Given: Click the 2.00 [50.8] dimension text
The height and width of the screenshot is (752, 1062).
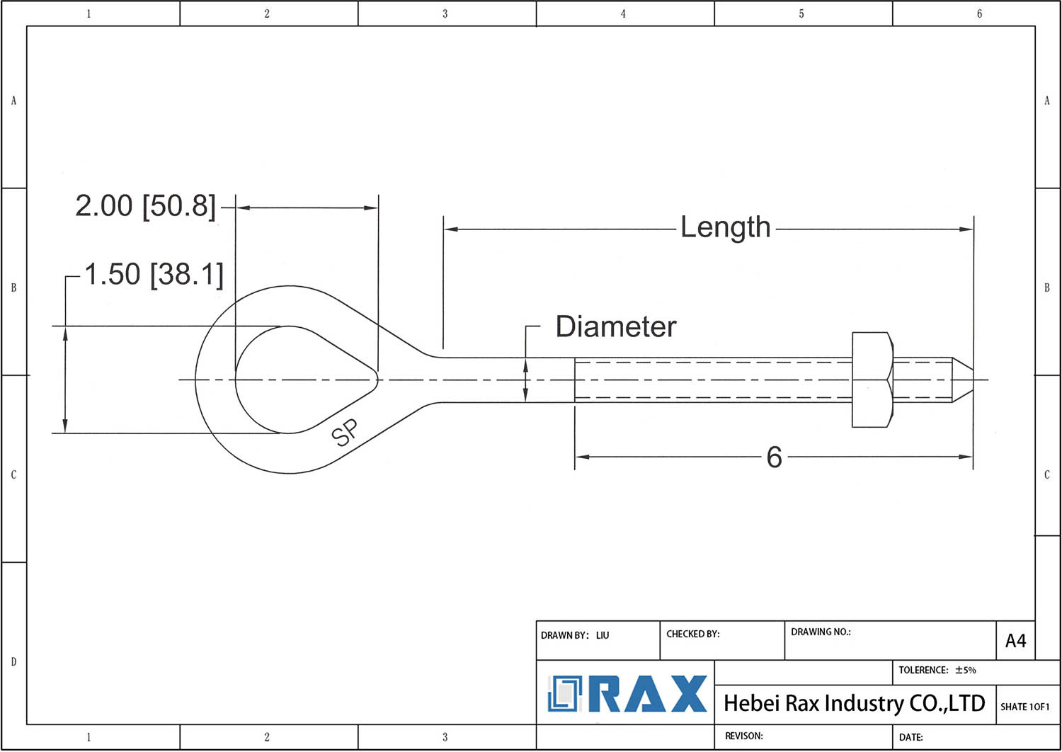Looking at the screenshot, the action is pos(146,206).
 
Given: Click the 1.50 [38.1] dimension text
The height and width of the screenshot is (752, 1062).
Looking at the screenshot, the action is pos(154,274).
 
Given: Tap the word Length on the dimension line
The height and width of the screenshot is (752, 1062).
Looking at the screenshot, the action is pos(726,228).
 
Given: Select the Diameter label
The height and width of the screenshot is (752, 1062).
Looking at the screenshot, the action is pos(616,326).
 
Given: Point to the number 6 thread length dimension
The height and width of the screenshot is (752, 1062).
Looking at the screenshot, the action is pos(775,457).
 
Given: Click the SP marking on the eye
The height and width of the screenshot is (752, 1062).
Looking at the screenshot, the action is pos(345,433).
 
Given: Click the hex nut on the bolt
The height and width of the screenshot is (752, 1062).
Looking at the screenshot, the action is pos(872,380).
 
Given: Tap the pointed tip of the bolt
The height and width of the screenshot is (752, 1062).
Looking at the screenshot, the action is pos(973,380).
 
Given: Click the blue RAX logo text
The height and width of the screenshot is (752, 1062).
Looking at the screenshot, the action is pos(648,694).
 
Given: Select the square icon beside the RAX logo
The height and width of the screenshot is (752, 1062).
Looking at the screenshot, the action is pos(565,694).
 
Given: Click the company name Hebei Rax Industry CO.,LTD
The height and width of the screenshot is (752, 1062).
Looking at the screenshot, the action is pos(855,703).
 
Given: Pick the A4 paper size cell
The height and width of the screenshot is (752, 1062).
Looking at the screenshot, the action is pos(1015,641).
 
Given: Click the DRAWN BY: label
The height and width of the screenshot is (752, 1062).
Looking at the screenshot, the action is pos(565,635).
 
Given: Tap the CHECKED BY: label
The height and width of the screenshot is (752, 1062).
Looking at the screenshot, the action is pos(692,634).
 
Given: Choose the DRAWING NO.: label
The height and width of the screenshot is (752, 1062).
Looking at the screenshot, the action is pos(821,632).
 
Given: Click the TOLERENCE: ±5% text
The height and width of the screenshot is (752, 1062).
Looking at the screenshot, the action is pos(937,670).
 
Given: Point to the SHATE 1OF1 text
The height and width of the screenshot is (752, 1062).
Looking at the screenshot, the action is pos(1025,707).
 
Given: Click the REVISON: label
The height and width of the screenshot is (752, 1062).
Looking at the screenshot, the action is pos(744,736).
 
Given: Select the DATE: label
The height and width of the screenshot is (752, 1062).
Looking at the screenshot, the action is pos(910,737).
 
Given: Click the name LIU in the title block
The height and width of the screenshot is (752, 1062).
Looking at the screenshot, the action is pos(603,635).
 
